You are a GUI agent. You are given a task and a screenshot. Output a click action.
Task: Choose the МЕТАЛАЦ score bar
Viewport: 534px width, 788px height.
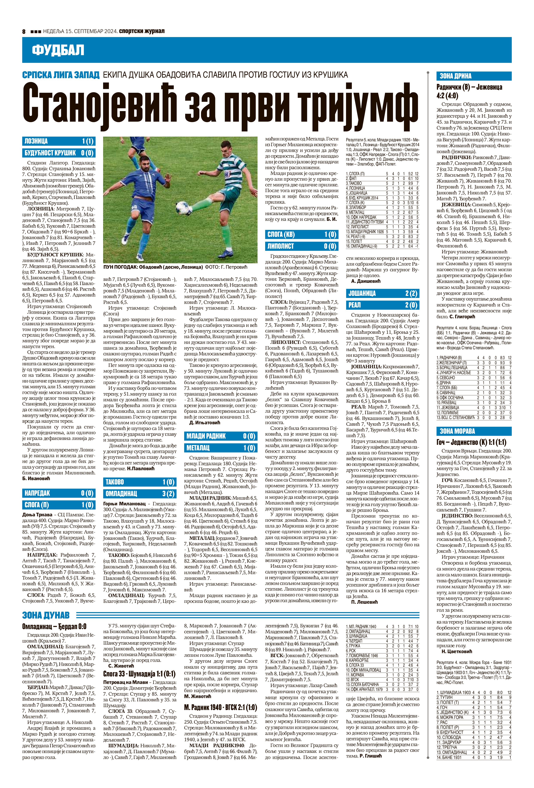pyautogui.click(x=220, y=448)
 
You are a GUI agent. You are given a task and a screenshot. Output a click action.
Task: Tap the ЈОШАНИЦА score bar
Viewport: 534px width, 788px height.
pyautogui.click(x=383, y=293)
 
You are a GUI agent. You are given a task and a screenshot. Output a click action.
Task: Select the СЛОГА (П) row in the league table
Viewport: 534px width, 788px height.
pyautogui.click(x=382, y=174)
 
